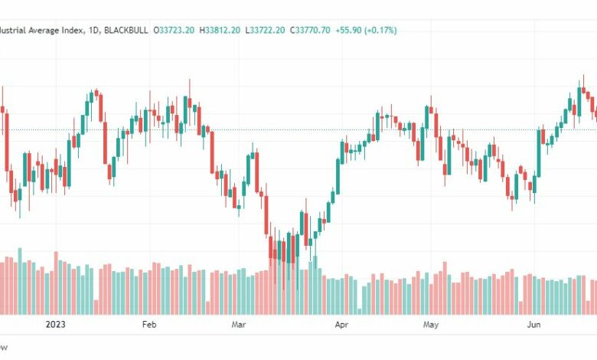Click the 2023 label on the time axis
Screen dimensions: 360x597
pos(56,324)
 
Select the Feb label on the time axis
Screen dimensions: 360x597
pos(149,324)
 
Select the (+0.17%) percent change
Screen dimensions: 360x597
pos(387,31)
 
